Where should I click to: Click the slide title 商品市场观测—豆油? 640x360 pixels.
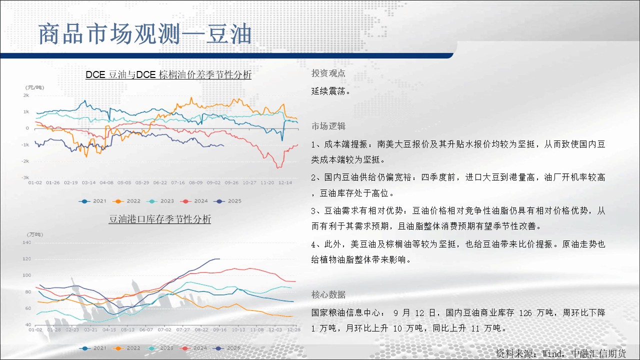145,34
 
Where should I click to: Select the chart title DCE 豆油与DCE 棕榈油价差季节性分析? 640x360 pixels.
168,74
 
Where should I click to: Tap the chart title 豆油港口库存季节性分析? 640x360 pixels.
159,219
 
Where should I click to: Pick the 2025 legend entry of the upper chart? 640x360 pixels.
227,201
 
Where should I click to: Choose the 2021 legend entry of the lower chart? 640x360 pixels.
92,348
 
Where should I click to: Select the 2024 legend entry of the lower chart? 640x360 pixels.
193,348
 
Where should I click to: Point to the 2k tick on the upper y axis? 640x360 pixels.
26,95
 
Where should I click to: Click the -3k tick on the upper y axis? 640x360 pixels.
25,177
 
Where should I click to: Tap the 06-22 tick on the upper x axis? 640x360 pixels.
160,182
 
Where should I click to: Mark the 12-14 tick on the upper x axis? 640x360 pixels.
285,182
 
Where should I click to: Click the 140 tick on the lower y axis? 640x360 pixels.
27,242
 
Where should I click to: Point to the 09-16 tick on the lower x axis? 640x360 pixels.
219,329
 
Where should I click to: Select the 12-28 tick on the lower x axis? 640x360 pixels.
293,329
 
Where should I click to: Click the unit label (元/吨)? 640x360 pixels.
35,87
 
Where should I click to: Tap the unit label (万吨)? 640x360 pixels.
35,234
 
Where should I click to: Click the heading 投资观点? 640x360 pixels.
328,73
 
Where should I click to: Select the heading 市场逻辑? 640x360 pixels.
328,126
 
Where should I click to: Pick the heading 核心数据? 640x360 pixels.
328,294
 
